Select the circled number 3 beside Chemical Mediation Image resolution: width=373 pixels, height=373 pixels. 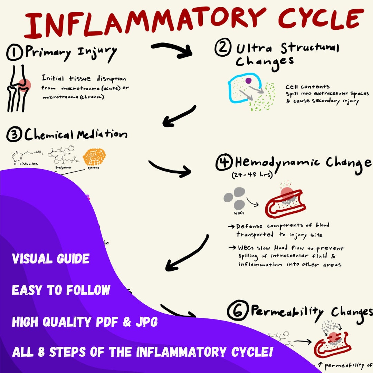[x=15, y=134]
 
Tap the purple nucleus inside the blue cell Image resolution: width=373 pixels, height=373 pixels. [x=248, y=81]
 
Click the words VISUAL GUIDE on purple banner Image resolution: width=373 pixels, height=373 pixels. [x=51, y=259]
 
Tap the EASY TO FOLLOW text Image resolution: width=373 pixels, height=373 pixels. [x=61, y=290]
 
